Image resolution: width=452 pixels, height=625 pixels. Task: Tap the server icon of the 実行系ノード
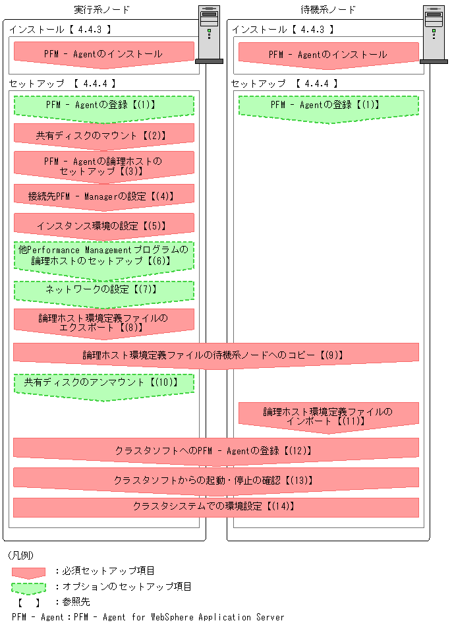209,33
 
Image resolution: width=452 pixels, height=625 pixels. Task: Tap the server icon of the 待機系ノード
433,33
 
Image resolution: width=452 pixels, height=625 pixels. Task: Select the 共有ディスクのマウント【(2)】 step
103,135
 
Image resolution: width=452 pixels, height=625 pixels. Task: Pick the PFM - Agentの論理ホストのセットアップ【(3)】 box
103,165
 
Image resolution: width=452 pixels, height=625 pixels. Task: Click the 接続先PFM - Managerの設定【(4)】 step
103,196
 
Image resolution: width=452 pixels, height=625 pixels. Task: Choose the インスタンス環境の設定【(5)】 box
103,225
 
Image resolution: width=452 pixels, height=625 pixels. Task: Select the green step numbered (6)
103,256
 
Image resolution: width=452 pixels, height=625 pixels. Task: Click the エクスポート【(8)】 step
103,322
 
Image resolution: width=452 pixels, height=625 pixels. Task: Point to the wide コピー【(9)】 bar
215,355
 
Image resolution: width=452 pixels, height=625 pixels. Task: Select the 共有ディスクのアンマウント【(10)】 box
103,383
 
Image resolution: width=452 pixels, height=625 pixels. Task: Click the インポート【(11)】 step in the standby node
328,416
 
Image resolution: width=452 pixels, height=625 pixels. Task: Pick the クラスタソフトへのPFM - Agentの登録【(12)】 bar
215,451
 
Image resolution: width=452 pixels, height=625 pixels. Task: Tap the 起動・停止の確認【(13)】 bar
215,479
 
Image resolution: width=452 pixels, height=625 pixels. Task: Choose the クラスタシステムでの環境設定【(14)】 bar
215,507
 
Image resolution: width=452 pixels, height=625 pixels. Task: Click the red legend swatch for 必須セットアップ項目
28,572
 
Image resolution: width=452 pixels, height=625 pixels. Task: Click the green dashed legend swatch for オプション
28,587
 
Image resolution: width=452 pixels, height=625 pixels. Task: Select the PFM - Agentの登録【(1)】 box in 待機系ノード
328,105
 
